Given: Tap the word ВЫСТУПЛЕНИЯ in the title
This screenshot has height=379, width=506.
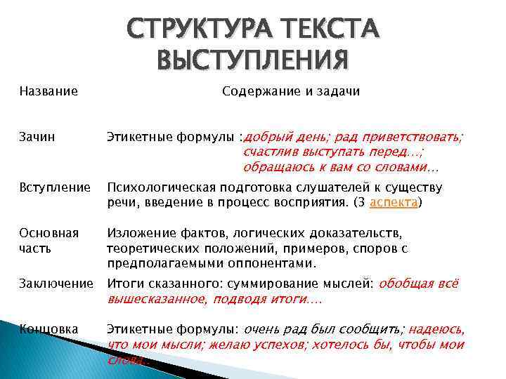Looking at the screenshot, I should [252, 59].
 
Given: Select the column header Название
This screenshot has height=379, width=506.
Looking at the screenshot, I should [48, 91].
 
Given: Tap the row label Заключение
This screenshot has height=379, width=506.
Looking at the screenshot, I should [56, 284].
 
